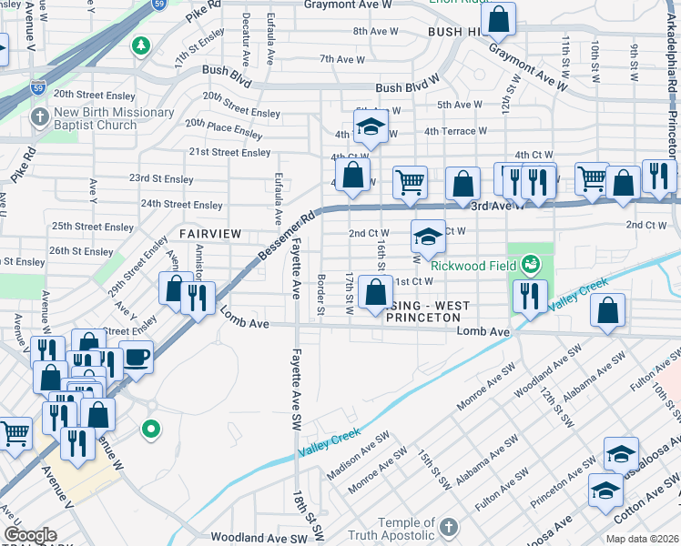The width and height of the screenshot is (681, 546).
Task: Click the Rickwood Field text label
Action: tap(473, 266)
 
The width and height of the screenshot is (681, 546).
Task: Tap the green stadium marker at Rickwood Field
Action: tap(530, 266)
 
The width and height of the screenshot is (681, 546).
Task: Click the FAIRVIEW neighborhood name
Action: tap(210, 234)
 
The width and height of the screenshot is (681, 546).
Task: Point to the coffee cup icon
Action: tap(137, 356)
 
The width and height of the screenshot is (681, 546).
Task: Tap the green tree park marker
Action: tap(141, 45)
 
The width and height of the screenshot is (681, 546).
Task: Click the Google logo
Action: tap(30, 535)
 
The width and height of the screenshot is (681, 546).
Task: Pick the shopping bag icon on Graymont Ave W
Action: tap(499, 18)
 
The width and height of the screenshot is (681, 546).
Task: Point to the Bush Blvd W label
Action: tap(407, 88)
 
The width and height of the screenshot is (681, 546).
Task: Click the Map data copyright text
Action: tap(642, 539)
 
